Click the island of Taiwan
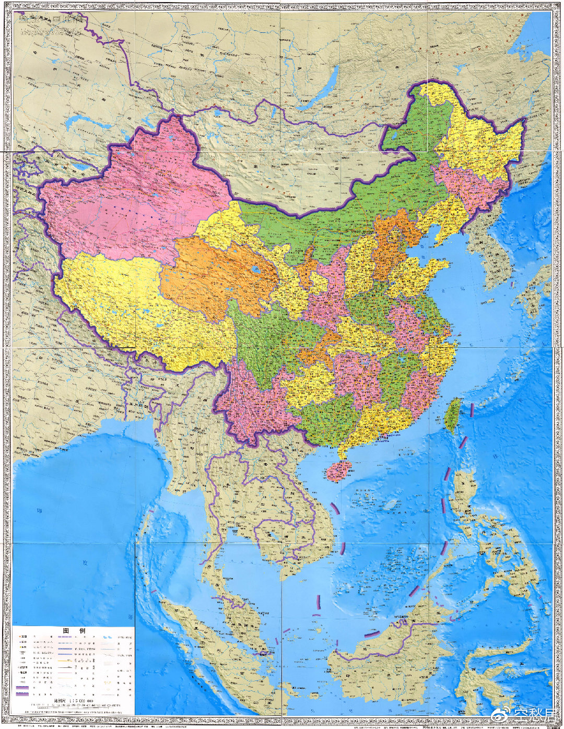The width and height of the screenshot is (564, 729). point(453,415)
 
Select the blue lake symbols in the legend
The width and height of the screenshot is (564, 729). point(108,638)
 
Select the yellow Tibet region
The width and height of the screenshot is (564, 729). point(120,303)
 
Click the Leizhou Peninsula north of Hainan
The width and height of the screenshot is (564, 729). point(342,449)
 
